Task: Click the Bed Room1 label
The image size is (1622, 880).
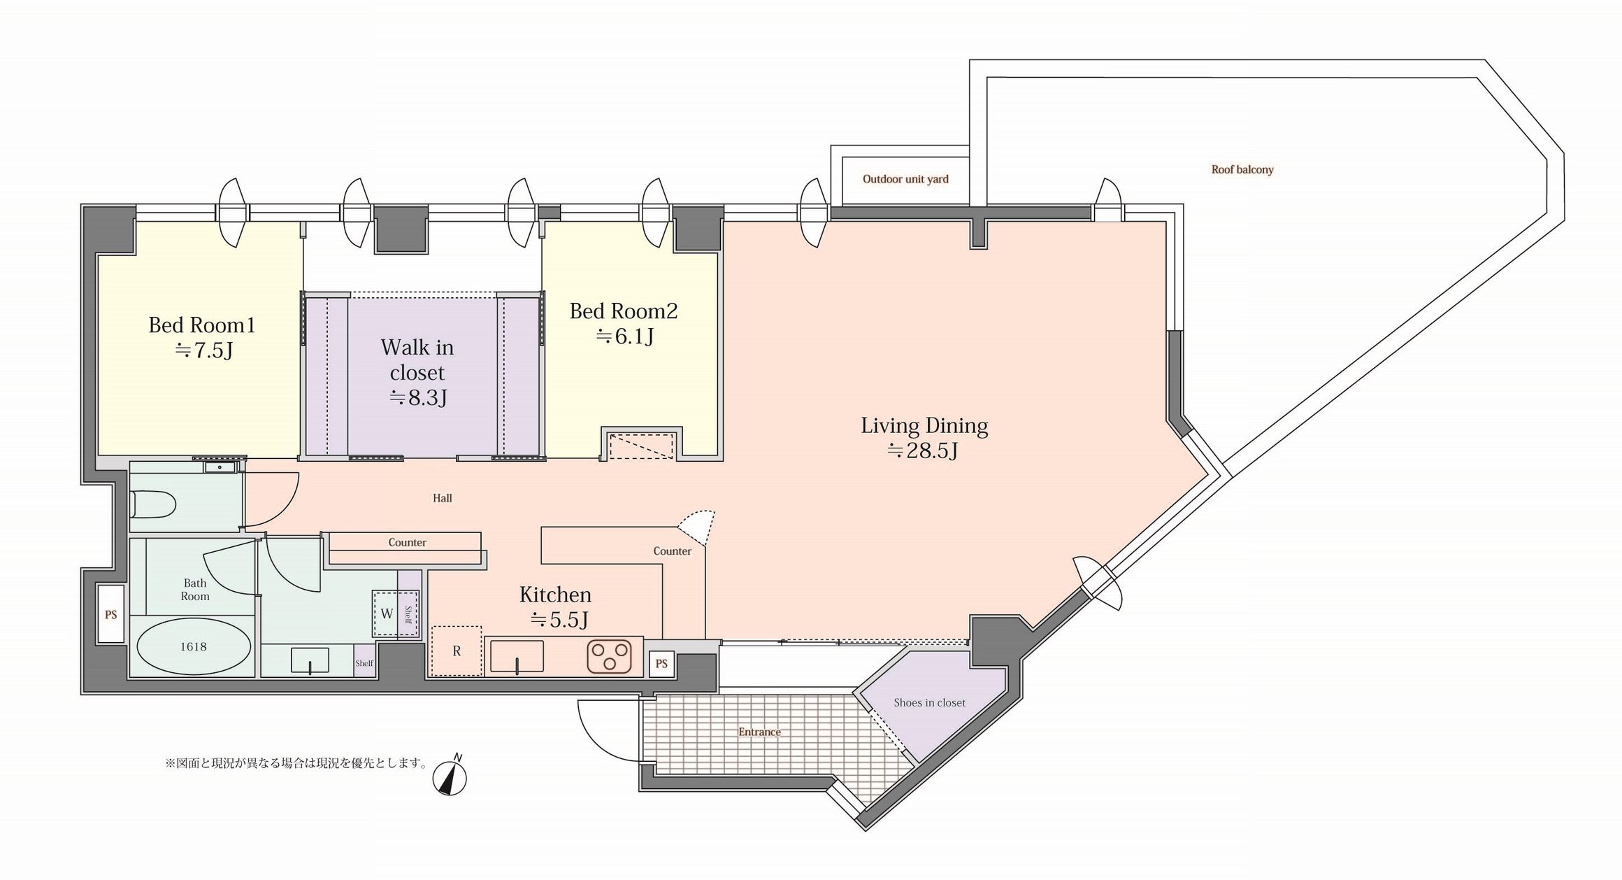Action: pos(202,325)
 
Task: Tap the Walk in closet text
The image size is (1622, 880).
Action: pos(417,360)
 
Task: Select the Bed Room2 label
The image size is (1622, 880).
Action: pos(624,311)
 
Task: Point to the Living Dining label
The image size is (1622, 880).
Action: pos(924,426)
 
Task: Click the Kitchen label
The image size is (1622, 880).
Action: pos(555,595)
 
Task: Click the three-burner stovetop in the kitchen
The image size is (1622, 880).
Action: pos(609,658)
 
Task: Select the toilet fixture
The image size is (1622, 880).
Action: pos(152,504)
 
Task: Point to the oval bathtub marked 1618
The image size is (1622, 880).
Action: pos(193,647)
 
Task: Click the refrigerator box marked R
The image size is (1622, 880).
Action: pos(457,651)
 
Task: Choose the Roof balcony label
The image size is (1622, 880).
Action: pos(1242,169)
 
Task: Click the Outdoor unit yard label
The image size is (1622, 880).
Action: pos(905,179)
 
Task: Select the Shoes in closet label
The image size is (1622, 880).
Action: pos(929,703)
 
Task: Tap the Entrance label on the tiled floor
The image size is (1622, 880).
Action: pos(759,732)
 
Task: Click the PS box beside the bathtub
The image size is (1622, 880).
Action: pos(110,615)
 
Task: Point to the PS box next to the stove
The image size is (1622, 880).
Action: pos(661,664)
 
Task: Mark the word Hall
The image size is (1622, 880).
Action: pos(442,499)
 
